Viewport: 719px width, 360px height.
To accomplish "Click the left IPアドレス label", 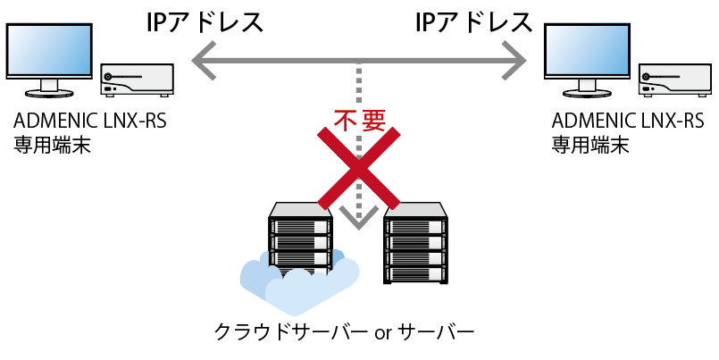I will click(205, 22).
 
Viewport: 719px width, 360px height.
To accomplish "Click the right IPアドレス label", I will click(474, 22).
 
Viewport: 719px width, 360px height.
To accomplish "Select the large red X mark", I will click(358, 165).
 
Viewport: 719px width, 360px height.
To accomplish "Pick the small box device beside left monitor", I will click(137, 80).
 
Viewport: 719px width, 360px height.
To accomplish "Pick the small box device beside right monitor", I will click(677, 80).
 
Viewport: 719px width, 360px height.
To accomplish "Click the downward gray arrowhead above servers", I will click(358, 217).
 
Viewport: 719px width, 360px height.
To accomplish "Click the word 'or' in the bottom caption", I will click(383, 336).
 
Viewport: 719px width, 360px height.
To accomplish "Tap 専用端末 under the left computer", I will click(52, 145).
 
